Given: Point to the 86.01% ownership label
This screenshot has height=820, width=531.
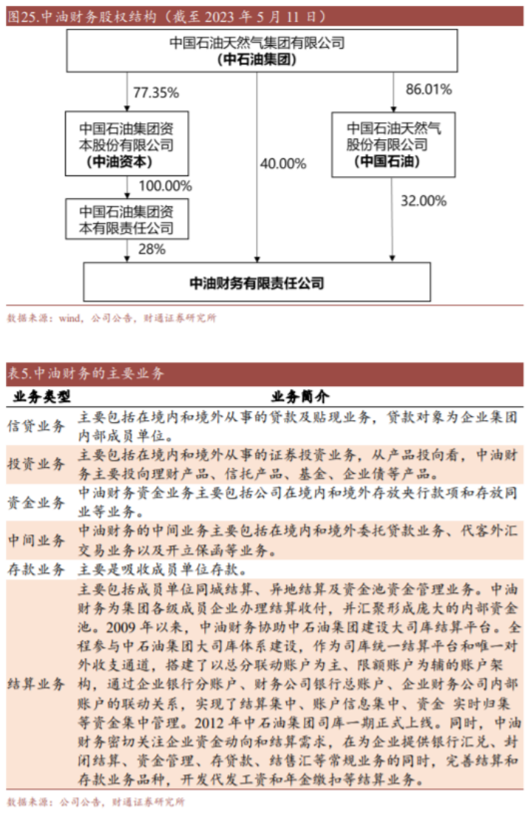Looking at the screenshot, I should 428,90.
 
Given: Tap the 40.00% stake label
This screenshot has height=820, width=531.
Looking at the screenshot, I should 282,164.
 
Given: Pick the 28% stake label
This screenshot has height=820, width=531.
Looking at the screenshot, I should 152,249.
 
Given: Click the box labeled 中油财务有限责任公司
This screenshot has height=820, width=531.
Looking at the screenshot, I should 257,282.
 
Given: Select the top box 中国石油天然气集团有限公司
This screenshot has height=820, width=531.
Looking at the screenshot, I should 257,51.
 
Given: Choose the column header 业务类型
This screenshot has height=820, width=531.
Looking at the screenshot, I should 43,396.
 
